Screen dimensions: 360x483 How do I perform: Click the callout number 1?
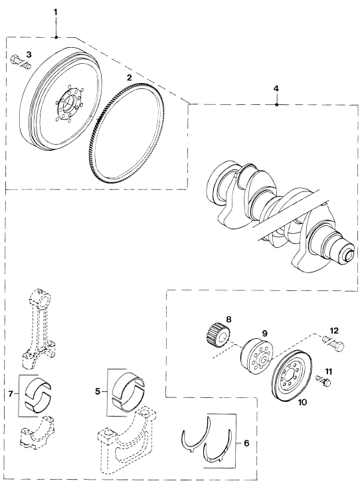point(56,12)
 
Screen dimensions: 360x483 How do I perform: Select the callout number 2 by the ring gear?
point(130,77)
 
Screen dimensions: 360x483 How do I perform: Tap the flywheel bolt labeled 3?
point(21,62)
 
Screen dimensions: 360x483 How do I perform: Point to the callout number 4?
point(276,88)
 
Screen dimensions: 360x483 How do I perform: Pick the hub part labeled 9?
point(256,356)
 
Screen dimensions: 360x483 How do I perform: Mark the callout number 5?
point(98,391)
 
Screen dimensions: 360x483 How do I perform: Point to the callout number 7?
point(11,393)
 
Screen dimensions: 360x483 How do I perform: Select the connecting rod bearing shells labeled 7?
point(39,393)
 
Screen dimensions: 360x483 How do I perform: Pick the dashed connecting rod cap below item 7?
point(38,433)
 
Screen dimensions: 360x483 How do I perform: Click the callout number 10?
point(302,402)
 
